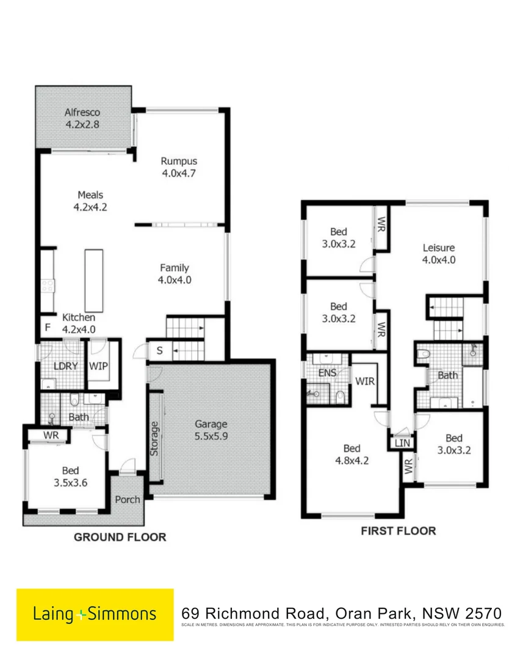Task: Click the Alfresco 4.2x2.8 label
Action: coord(82,118)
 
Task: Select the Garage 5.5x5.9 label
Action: coord(211,430)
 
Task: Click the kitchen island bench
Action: coord(93,280)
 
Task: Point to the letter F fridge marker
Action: coord(47,326)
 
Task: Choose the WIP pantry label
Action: coord(98,366)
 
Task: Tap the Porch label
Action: coord(127,499)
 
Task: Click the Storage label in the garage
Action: coord(154,438)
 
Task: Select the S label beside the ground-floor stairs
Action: coord(159,351)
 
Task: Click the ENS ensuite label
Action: coord(328,373)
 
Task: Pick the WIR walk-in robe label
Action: coord(365,381)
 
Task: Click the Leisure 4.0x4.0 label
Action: coord(439,253)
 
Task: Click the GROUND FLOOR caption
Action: coord(120,537)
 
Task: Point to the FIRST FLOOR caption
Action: coord(399,530)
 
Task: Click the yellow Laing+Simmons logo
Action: coord(95,614)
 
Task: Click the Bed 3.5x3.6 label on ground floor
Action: coord(70,476)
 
